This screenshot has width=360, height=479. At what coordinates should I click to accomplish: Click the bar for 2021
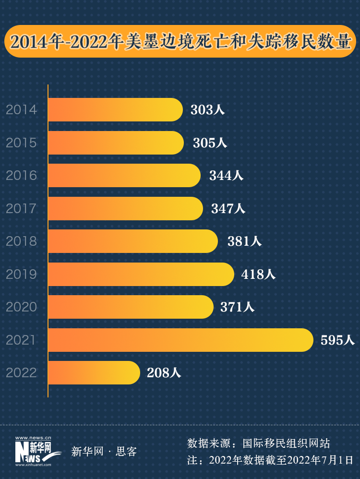[180, 340]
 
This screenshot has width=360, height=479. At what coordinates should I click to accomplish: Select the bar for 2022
[94, 373]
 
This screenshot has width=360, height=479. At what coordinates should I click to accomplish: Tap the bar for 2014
[115, 110]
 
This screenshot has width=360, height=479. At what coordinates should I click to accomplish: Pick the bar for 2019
[141, 274]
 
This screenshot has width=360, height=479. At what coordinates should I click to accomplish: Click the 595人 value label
[337, 340]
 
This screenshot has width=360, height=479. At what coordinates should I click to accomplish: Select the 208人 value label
[164, 373]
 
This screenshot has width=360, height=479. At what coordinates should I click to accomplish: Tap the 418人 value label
[259, 275]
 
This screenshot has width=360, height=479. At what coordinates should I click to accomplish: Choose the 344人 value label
[226, 176]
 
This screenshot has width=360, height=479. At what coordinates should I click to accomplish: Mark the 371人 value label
[237, 307]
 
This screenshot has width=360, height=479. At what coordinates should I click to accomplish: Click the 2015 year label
[21, 143]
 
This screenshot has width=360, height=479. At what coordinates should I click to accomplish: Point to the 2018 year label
[21, 241]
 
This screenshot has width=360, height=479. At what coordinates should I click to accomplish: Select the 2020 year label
[21, 307]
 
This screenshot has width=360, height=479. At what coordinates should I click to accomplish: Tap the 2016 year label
[21, 176]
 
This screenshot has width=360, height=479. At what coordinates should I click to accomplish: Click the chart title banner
[180, 42]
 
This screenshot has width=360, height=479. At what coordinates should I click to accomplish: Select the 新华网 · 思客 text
[104, 452]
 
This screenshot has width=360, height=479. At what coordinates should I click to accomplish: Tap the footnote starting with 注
[270, 460]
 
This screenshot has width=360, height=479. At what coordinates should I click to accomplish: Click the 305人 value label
[210, 143]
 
